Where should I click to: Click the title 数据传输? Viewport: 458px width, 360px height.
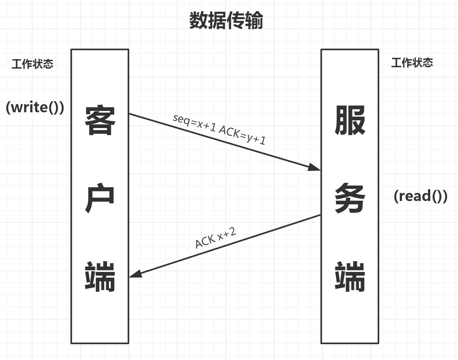pos(226,21)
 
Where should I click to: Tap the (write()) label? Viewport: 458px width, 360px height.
pos(35,107)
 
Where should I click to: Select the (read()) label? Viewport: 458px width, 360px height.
pos(420,196)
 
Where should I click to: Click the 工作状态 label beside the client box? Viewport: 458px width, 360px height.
pos(32,64)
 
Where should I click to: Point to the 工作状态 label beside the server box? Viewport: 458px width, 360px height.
pos(412,63)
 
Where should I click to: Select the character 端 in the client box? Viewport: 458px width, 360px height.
pos(100,276)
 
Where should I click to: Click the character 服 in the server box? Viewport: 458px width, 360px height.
pos(350,120)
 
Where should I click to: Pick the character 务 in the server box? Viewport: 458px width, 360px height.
pos(350,198)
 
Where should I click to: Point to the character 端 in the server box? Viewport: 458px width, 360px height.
pos(350,276)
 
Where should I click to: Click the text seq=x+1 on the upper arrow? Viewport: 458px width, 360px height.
pos(194,122)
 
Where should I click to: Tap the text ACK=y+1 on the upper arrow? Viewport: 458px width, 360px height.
pos(242,135)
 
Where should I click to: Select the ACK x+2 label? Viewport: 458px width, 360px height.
pos(216,237)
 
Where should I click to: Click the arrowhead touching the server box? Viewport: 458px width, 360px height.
pos(315,167)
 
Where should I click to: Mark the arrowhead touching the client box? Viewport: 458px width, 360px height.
pos(135,274)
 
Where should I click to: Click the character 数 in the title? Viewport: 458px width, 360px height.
pos(199,21)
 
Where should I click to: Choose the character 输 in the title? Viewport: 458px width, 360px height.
pos(254,21)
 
